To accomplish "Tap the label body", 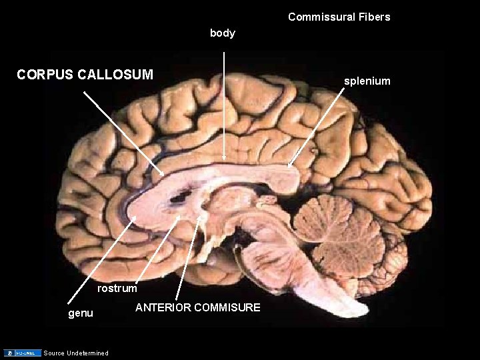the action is [x=223, y=33].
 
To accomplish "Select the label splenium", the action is [x=367, y=81].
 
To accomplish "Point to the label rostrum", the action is [x=117, y=289].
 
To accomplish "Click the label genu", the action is [x=81, y=313].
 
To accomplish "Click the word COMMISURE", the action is [x=229, y=307].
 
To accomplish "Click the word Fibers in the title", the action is [x=374, y=17].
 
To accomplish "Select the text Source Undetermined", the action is [x=75, y=353].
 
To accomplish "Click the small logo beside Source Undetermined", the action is [x=22, y=353].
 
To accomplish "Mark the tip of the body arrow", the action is [x=224, y=159].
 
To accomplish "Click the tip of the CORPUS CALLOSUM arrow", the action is [x=163, y=175].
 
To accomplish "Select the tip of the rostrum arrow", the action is [x=179, y=217].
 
